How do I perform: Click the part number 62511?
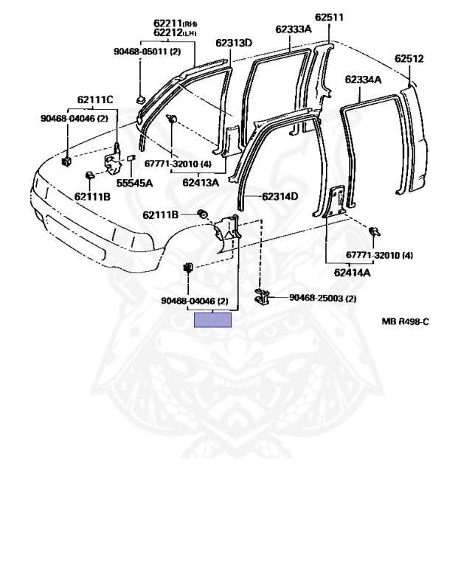[x=329, y=17]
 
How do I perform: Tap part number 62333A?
[x=294, y=29]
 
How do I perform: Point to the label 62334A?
[x=363, y=80]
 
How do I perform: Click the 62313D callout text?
[x=234, y=43]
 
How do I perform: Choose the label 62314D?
[x=280, y=196]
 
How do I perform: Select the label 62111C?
[x=95, y=99]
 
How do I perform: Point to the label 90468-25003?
[x=322, y=298]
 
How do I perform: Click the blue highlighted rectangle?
[x=212, y=320]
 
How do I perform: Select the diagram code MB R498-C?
[x=405, y=321]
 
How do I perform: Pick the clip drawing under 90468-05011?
[x=140, y=97]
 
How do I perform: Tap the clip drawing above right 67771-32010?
[x=374, y=232]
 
